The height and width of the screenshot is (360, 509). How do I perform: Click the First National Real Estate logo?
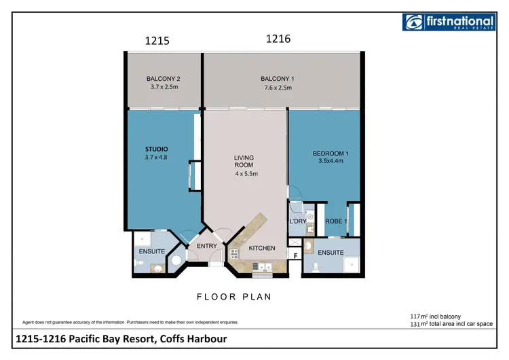click(448, 22)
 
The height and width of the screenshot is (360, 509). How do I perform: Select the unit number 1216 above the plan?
click(278, 39)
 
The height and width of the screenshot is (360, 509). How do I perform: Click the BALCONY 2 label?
click(163, 79)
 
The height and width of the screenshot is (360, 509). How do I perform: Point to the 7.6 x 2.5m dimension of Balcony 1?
click(278, 88)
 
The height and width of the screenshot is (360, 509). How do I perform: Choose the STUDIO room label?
click(156, 149)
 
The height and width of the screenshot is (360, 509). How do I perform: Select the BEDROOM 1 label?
click(331, 154)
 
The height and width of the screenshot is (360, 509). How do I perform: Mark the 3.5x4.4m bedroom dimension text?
click(331, 162)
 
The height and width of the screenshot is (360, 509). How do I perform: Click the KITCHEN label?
click(262, 248)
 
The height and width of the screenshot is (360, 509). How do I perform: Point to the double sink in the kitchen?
click(262, 268)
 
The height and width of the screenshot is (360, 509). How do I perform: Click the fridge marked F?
click(296, 255)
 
